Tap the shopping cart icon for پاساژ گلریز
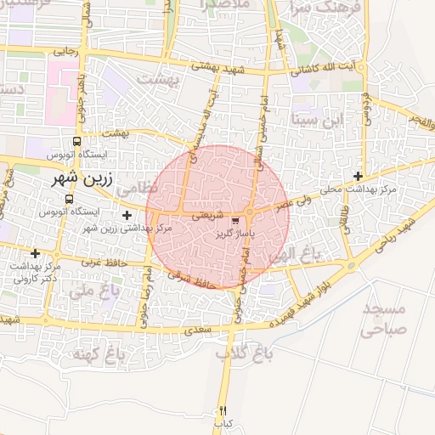coord(234,221)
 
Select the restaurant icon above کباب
coord(223,410)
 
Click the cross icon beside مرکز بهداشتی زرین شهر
coord(127,216)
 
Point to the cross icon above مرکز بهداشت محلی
coord(359,176)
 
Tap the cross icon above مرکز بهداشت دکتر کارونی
coord(35,253)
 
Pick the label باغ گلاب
coord(240,351)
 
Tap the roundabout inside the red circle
coord(251,212)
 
